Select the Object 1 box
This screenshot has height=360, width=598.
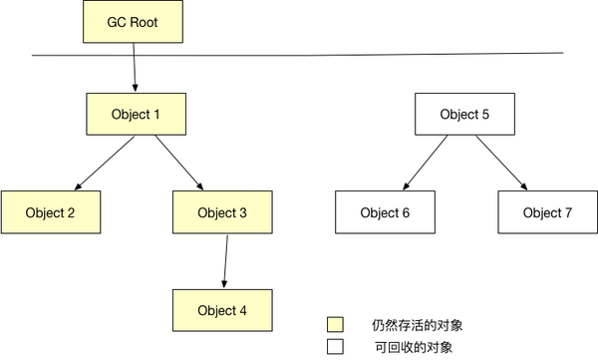click(x=137, y=114)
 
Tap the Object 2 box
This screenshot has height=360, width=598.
click(x=50, y=212)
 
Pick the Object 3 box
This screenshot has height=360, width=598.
click(x=222, y=212)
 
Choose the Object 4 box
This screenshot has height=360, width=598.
click(x=222, y=310)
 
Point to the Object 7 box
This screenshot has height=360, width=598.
click(x=548, y=212)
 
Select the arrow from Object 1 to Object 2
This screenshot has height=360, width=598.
click(x=105, y=163)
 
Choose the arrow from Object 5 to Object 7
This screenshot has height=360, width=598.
click(x=501, y=163)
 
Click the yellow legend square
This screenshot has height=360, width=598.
click(x=336, y=325)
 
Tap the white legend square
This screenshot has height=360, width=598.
click(x=336, y=346)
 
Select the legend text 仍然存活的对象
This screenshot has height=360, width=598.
click(x=417, y=325)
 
